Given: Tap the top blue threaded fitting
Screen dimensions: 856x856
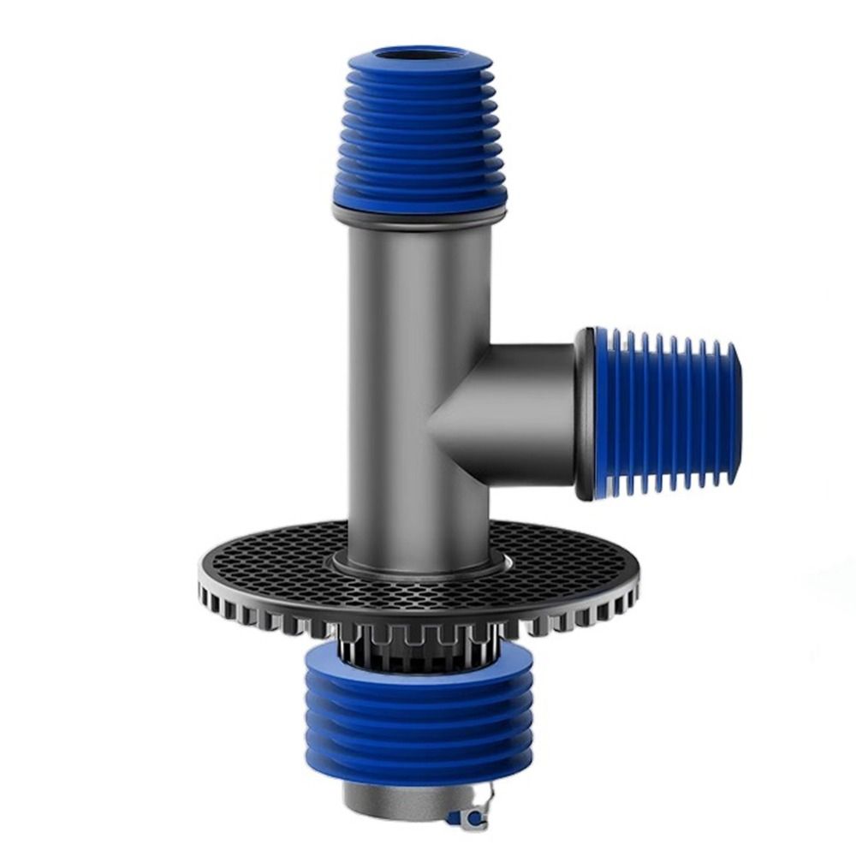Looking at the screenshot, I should point(419,137).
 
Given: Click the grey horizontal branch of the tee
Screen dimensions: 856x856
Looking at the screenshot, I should point(522,411).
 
